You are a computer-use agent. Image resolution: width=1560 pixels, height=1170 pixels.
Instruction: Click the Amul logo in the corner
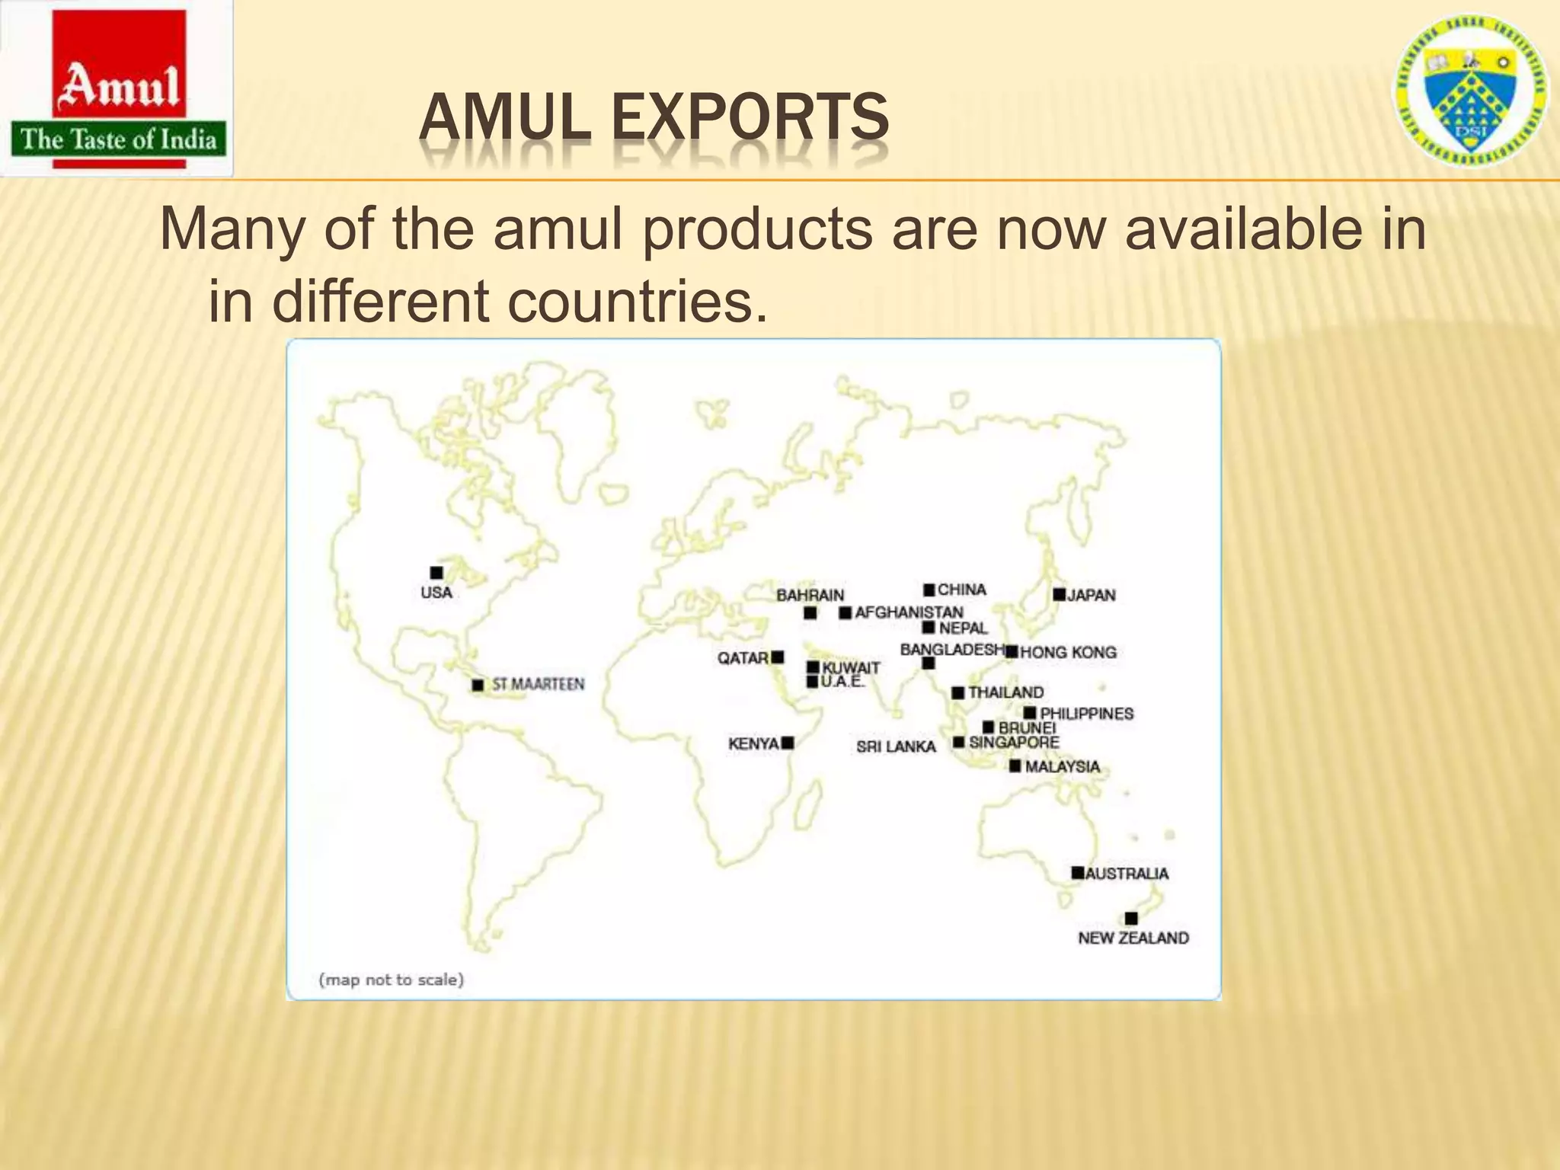click(117, 89)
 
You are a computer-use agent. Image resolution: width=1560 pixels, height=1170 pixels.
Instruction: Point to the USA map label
click(436, 593)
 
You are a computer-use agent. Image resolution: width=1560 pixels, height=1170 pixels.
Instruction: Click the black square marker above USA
click(436, 573)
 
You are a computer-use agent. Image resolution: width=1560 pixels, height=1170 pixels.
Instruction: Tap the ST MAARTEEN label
click(538, 684)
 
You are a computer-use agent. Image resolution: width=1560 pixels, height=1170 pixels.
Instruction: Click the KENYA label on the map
click(753, 743)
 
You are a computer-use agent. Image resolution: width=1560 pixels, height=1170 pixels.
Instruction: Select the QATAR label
click(743, 657)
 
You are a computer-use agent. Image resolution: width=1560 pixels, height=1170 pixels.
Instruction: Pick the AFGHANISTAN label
click(909, 612)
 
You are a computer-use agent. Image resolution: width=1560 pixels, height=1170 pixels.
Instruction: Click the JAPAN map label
click(1091, 595)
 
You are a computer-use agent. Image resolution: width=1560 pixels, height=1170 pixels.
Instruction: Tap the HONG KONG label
click(1068, 652)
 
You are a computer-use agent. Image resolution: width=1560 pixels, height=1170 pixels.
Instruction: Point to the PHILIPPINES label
click(1086, 714)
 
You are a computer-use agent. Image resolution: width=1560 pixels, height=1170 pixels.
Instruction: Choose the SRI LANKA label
click(896, 746)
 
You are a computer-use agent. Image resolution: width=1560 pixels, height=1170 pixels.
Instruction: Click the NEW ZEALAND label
click(1133, 938)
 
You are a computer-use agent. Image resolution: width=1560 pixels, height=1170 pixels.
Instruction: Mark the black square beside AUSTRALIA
click(1077, 873)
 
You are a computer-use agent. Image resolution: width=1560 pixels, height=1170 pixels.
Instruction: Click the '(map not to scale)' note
click(391, 980)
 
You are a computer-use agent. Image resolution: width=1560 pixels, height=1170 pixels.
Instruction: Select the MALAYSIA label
click(1062, 766)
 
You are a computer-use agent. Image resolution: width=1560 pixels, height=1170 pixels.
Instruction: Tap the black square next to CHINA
click(929, 590)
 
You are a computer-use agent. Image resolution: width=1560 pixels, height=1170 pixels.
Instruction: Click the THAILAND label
click(1005, 692)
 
